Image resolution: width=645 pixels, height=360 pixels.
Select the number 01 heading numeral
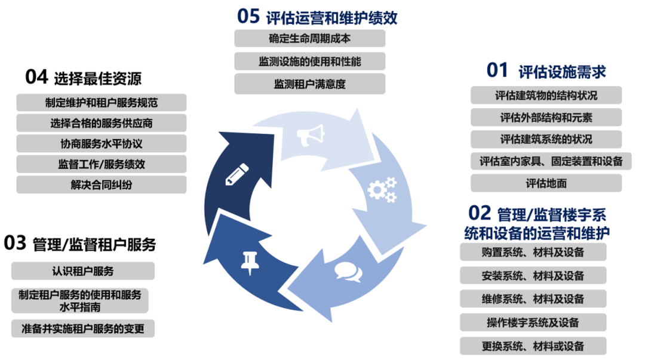click(497, 70)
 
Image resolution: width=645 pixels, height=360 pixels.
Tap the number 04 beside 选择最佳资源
click(36, 77)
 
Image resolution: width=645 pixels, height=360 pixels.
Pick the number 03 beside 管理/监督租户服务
click(15, 243)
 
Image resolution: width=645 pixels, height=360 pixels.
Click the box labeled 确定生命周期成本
click(309, 38)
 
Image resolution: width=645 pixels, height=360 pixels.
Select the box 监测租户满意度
click(309, 84)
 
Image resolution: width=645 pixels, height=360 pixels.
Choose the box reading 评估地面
click(546, 183)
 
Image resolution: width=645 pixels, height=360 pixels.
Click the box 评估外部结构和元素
click(546, 117)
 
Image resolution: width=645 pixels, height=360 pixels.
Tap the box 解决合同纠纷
click(101, 184)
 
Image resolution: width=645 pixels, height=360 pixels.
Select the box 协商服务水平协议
click(101, 143)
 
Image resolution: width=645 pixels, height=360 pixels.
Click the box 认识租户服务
click(82, 271)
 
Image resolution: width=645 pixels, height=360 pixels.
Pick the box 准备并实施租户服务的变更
click(82, 328)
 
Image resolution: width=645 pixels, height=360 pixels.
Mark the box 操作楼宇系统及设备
click(533, 322)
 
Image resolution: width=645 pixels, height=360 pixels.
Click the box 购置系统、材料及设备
click(533, 252)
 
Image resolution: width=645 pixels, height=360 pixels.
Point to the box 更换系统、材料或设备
click(533, 346)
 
